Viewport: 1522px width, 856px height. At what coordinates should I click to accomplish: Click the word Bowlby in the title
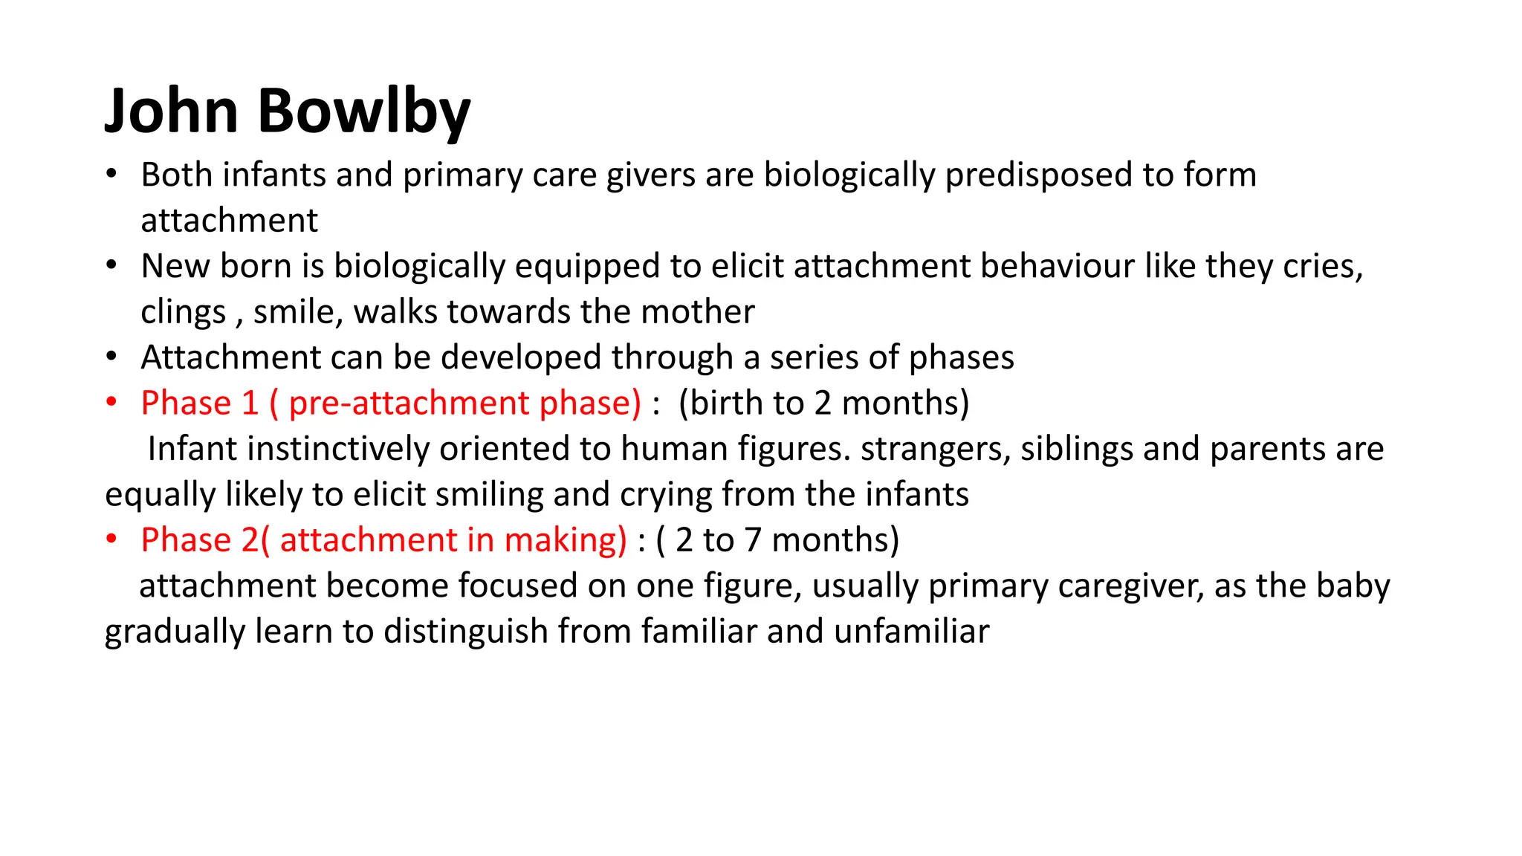point(363,111)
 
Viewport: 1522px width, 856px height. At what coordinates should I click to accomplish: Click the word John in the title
point(172,111)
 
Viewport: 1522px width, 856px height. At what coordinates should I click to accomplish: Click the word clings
point(183,312)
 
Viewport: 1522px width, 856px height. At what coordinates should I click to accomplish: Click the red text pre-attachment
point(409,403)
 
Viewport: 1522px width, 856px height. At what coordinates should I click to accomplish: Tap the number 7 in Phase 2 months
point(753,540)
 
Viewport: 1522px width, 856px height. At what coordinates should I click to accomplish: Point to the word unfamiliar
point(911,632)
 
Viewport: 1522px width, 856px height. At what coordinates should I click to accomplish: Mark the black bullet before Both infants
point(111,175)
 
